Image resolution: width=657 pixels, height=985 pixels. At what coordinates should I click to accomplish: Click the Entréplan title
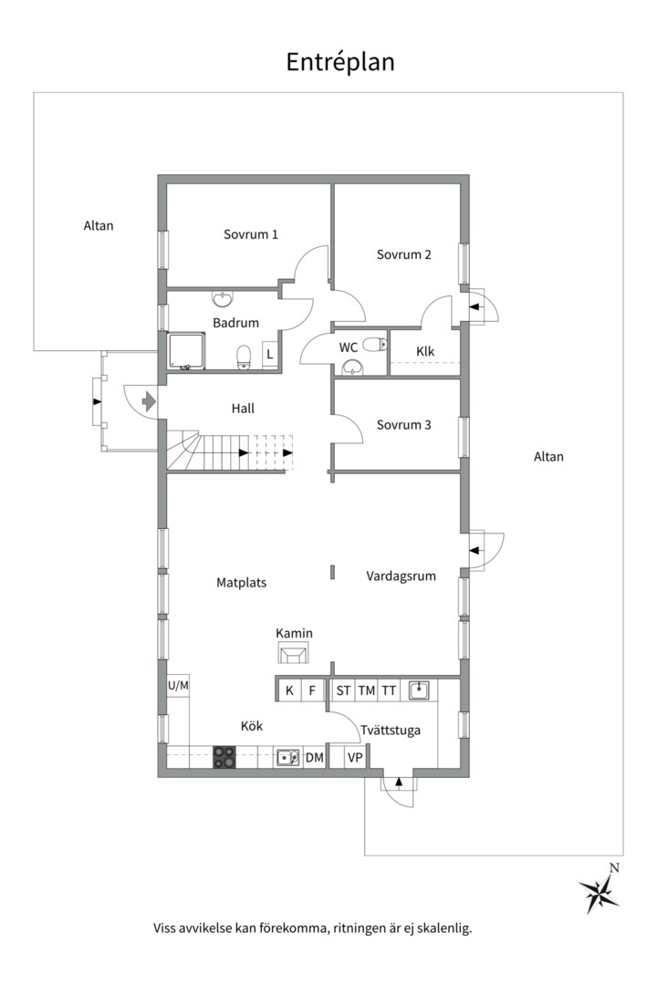point(340,62)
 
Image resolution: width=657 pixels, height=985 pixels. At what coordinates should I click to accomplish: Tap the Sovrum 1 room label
point(250,234)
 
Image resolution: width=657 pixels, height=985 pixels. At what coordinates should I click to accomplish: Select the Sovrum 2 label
point(403,254)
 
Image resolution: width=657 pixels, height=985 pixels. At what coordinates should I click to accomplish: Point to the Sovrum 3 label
point(403,425)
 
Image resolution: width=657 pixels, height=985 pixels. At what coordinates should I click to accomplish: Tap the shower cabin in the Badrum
point(186,350)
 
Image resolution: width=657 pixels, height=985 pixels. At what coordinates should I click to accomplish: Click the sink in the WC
point(353,367)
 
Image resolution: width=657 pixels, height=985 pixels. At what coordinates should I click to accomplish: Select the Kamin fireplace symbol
point(294,653)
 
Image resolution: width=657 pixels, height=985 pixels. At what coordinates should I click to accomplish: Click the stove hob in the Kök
point(224,757)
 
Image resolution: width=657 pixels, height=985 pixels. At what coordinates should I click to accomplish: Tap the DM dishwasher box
point(314,758)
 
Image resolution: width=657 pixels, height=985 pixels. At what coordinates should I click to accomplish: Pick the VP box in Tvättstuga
point(355,758)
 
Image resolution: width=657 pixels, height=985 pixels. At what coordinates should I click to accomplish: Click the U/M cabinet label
point(178,685)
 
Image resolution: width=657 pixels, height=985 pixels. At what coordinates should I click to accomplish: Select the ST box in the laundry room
point(343,691)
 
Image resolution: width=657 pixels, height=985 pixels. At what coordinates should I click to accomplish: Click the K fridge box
point(289,691)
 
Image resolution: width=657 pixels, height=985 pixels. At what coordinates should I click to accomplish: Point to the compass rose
point(600,892)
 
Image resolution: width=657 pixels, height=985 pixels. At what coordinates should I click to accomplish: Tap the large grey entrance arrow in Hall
point(149,400)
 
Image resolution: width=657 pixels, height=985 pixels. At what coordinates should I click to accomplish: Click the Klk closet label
point(425,351)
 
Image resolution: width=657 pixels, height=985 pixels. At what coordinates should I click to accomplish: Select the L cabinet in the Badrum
point(270,354)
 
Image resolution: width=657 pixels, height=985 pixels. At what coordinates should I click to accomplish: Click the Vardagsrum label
point(401,576)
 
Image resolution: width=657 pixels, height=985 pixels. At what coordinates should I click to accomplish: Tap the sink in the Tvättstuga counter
point(419,690)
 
